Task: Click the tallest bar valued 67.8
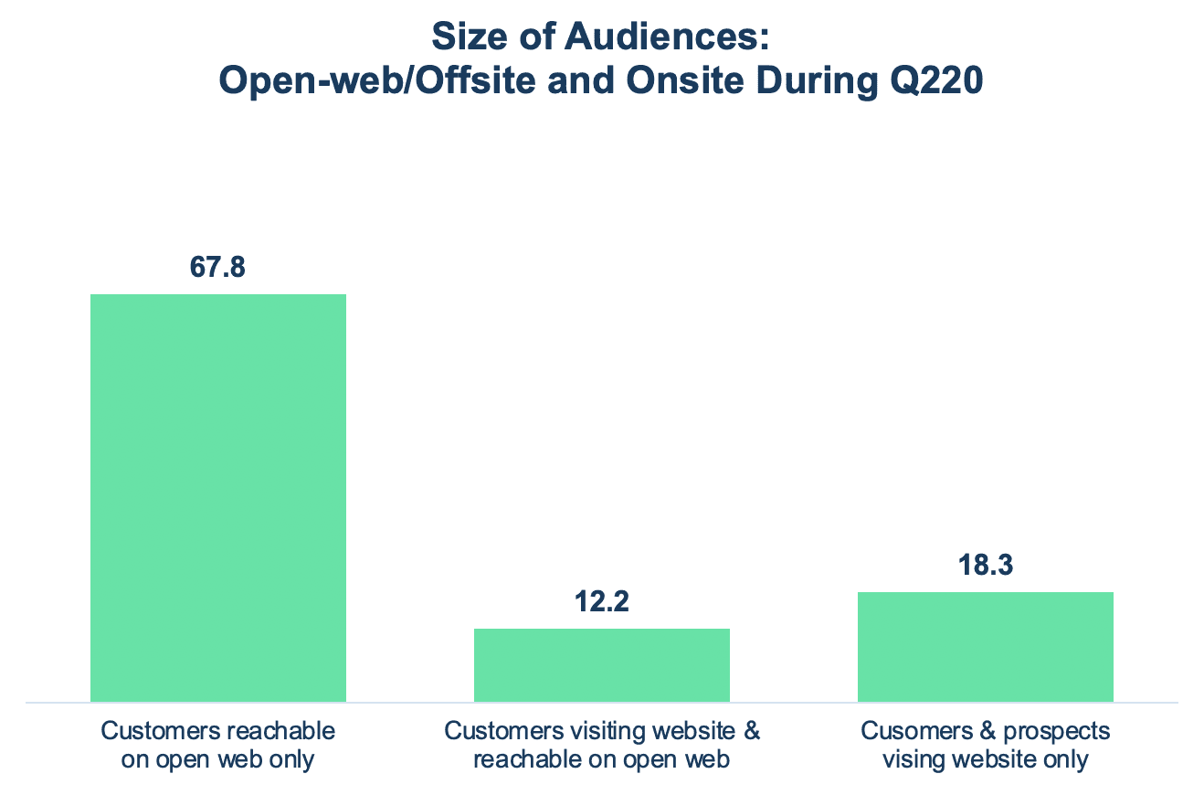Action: coord(218,498)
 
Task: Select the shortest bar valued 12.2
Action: coord(602,665)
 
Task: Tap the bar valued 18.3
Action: coord(985,647)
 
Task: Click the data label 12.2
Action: coord(602,603)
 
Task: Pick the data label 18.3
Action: coord(985,567)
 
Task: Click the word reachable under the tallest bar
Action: coord(285,731)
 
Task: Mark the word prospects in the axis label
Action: coord(1065,731)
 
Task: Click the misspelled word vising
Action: coord(914,759)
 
